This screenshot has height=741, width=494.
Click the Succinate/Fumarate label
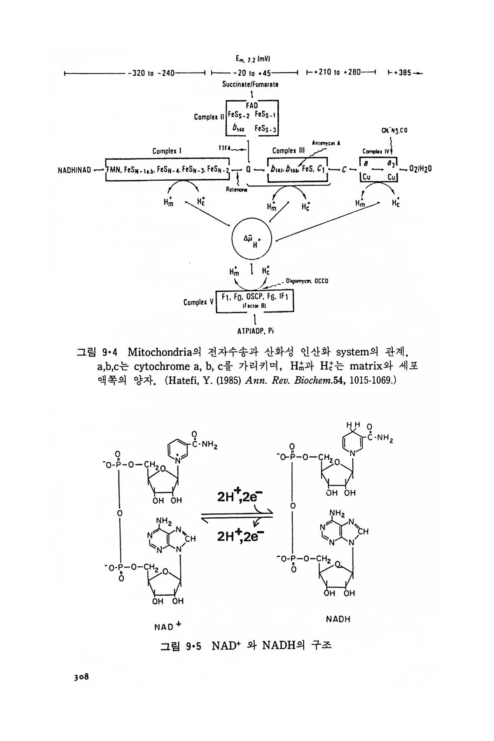tap(250, 84)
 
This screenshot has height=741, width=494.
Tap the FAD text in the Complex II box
tap(252, 105)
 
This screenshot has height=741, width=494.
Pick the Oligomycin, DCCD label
tap(306, 282)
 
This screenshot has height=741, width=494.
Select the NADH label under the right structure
tap(338, 619)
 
